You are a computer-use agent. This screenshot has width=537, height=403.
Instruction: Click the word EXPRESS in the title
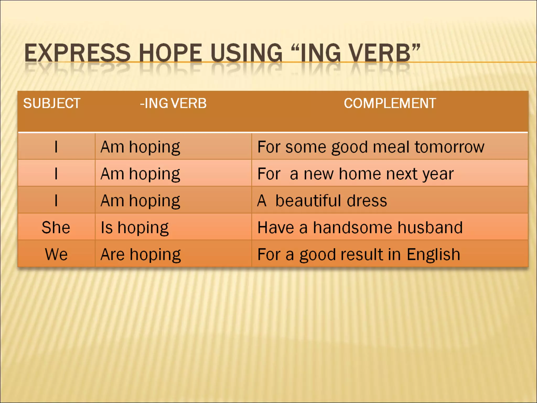click(77, 53)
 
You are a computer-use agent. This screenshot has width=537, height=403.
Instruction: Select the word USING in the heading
click(246, 53)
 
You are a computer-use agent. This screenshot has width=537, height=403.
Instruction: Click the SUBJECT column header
click(52, 103)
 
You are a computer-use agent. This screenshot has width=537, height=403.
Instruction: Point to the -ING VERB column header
click(173, 103)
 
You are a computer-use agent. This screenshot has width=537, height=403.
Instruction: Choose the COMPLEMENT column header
click(390, 103)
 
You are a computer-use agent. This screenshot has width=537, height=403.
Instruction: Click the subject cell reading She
click(56, 227)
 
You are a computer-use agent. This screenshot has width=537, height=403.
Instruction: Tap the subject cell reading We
click(56, 254)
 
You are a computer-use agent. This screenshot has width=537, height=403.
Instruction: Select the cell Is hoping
click(135, 227)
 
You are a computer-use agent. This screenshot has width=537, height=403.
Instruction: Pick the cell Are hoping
click(141, 254)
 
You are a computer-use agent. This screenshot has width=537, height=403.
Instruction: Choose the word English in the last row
click(433, 254)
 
